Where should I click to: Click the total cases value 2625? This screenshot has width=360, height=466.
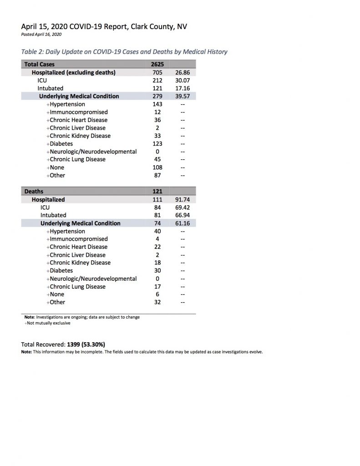[x=157, y=65]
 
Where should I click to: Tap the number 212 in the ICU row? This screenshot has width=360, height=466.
[x=157, y=80]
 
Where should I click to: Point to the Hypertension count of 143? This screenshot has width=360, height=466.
[x=157, y=104]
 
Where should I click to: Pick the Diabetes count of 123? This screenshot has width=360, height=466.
[x=157, y=144]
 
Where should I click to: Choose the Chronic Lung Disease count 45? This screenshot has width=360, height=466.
[x=157, y=160]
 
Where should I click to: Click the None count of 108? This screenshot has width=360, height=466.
[x=157, y=167]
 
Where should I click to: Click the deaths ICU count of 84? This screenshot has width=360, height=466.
[x=157, y=207]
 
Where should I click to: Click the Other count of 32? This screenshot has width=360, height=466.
[x=157, y=302]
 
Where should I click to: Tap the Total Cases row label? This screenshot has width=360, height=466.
[x=38, y=65]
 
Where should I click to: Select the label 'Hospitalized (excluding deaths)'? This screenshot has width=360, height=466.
[x=73, y=72]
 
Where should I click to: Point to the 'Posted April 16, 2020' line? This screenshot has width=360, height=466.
[x=41, y=35]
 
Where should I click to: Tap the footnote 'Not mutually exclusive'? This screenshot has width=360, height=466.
[x=48, y=323]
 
